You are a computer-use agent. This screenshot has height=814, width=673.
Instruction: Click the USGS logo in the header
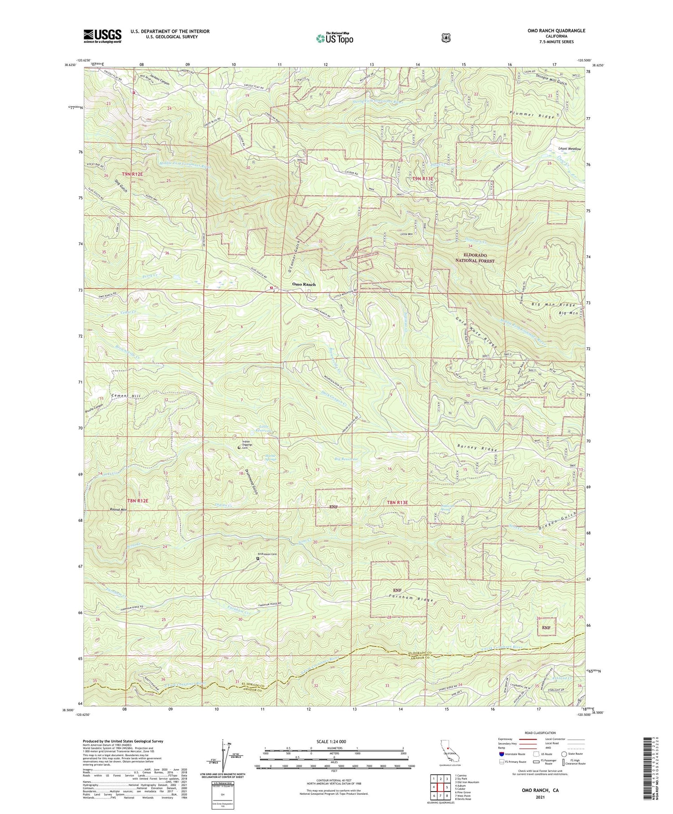[x=102, y=36]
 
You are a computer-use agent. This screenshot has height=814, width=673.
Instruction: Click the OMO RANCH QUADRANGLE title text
[x=557, y=31]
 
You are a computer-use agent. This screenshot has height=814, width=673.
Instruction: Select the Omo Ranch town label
[x=304, y=284]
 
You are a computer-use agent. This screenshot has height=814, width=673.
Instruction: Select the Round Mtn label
[x=118, y=510]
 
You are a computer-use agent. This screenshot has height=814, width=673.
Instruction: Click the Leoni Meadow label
[x=569, y=149]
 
